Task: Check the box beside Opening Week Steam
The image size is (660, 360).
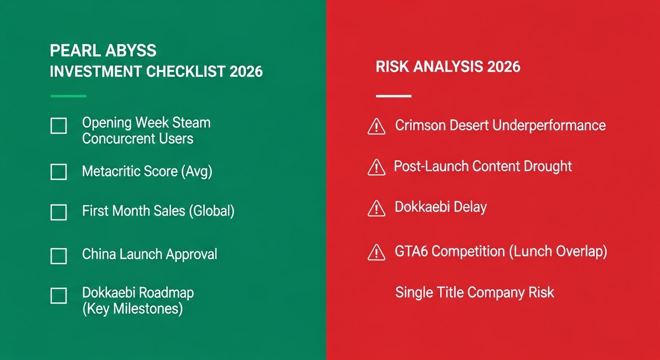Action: coord(59,126)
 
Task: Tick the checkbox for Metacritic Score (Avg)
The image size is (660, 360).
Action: coord(59,172)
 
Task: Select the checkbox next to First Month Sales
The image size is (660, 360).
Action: coord(59,212)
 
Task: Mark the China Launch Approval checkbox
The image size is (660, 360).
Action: coord(59,256)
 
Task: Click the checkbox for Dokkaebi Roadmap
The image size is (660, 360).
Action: coord(59,296)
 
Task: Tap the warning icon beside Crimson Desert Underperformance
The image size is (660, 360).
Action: coord(376,127)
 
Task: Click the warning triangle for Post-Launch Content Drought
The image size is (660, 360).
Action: coord(376,167)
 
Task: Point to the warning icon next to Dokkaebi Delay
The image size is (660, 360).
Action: coord(376,209)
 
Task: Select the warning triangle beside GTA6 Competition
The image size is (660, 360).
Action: coord(376,253)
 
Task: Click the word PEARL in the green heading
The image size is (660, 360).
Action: coord(72,51)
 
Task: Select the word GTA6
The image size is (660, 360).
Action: coord(411,252)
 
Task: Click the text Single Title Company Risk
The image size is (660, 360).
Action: coord(474,292)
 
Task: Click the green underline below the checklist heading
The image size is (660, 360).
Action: coord(68,96)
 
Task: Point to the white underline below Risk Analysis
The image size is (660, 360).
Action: coord(393,96)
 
